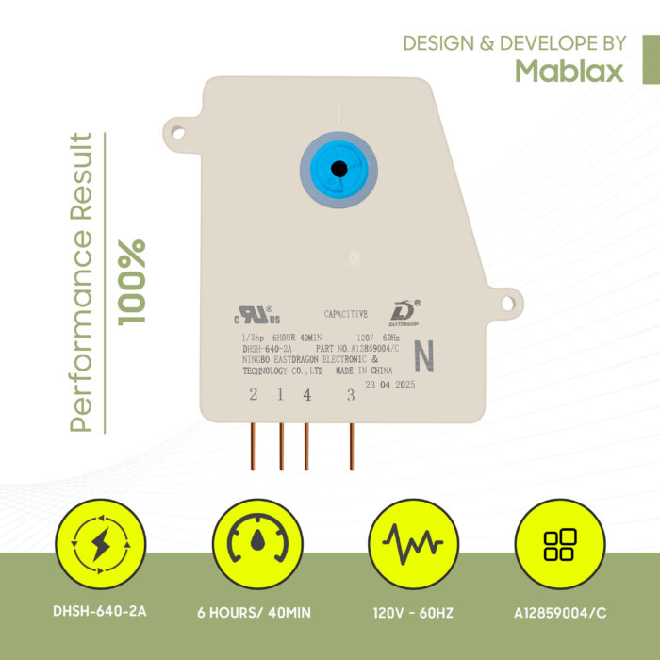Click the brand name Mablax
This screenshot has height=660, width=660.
tap(569, 71)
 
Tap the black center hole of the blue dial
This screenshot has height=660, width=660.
tap(338, 169)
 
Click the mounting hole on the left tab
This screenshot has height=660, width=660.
tap(178, 133)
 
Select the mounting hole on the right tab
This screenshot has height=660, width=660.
tap(507, 303)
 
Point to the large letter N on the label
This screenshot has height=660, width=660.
tap(424, 356)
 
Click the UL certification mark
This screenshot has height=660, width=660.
tap(257, 315)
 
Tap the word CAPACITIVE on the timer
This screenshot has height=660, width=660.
tap(346, 314)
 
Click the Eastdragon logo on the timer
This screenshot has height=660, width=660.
tap(404, 313)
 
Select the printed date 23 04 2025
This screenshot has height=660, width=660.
tap(389, 385)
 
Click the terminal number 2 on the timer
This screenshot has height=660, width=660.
tap(253, 394)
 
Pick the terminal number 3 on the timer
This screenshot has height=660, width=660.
tap(351, 395)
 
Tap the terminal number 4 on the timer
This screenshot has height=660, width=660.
tap(307, 395)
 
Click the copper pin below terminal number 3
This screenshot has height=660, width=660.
tap(352, 447)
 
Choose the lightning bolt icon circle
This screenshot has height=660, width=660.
tap(101, 544)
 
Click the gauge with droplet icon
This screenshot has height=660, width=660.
tap(257, 544)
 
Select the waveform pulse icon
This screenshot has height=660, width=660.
tap(413, 544)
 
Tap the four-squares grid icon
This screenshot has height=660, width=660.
tap(560, 544)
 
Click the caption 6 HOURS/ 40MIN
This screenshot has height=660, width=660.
tap(255, 613)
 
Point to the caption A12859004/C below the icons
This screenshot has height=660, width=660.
tap(560, 613)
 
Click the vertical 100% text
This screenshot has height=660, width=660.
tap(132, 283)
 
